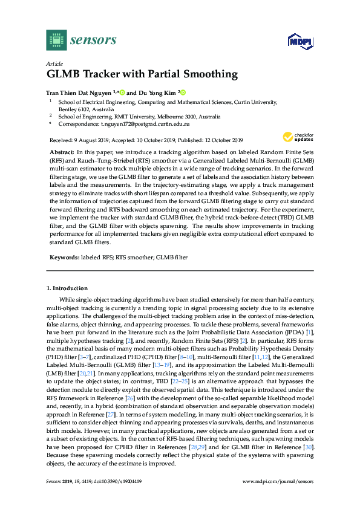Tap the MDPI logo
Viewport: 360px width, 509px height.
(298, 41)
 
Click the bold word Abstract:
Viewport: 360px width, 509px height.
(62, 151)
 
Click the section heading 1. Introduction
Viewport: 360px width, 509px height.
(68, 288)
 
